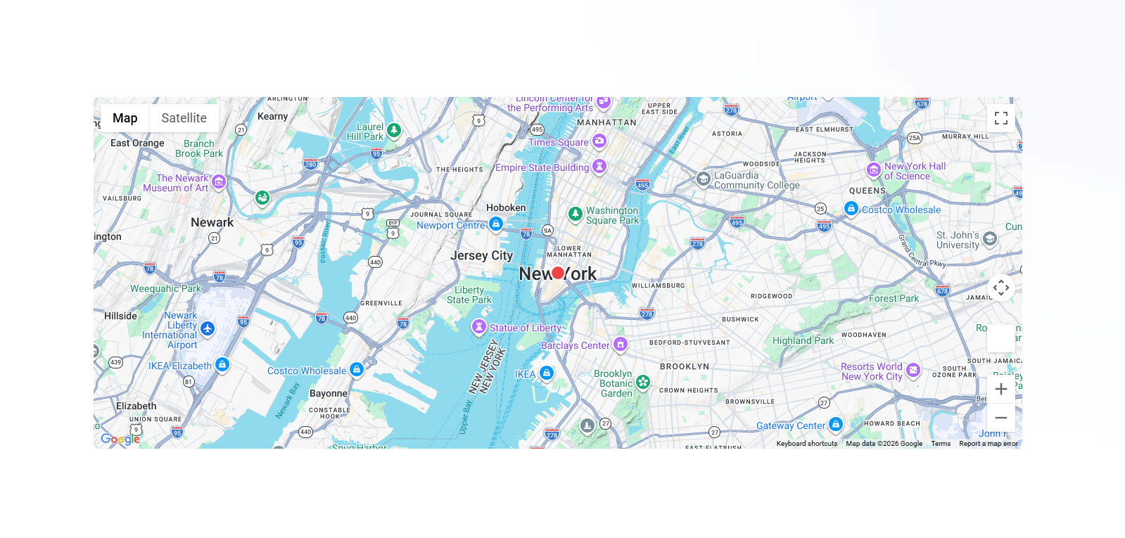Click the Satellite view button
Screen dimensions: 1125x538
(184, 118)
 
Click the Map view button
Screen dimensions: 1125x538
(125, 118)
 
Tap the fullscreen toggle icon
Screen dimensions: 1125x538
(1000, 118)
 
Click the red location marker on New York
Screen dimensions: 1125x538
(558, 273)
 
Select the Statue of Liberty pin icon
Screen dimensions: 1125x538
(479, 327)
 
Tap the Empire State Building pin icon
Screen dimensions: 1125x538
(599, 167)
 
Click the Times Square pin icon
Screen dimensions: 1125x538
(599, 141)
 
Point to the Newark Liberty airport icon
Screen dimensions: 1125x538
(208, 328)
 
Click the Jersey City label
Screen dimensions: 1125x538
(482, 255)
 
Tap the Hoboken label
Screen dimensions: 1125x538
(506, 207)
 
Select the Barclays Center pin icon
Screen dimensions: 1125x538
(620, 344)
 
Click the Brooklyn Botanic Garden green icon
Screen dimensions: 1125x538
(643, 382)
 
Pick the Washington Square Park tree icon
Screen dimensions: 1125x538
(576, 214)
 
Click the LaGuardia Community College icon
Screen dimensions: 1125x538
(703, 179)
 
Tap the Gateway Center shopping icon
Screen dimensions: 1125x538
(836, 424)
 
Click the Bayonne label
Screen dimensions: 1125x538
(329, 393)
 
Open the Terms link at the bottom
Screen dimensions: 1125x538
(941, 444)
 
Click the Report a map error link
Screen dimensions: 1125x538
(988, 444)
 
